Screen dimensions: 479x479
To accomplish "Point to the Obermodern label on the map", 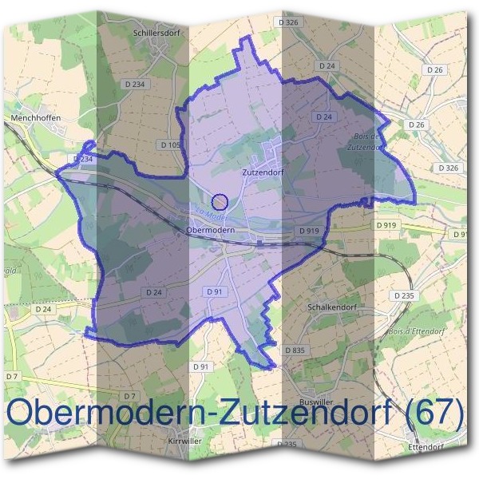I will [209, 229].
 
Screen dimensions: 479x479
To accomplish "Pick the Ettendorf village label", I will [424, 446].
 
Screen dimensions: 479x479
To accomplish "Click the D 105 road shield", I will [171, 144].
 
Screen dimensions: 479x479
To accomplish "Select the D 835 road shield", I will [295, 350].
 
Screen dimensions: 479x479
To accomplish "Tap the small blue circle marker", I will [221, 201].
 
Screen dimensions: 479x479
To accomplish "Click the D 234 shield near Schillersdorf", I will [136, 84].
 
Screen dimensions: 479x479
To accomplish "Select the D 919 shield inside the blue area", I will [309, 231].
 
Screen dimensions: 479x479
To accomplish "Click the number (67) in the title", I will [434, 413].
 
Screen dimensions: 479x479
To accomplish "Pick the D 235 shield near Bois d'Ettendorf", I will [405, 295].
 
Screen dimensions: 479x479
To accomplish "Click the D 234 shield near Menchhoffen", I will [83, 160].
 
